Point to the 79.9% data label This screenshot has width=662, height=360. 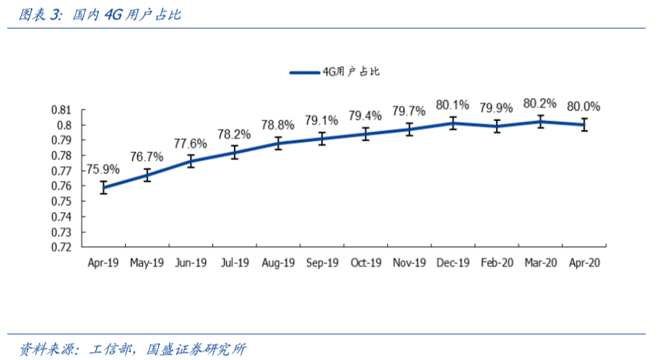click(x=497, y=108)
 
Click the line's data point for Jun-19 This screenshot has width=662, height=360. click(x=191, y=161)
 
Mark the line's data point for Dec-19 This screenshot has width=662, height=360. click(x=453, y=123)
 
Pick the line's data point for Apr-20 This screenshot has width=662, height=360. click(x=584, y=124)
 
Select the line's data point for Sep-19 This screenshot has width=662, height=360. click(x=322, y=138)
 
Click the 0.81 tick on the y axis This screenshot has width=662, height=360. click(x=62, y=110)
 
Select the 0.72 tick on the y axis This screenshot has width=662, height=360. click(x=62, y=247)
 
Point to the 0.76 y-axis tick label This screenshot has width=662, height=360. click(x=62, y=186)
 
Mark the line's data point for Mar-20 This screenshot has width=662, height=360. click(x=540, y=121)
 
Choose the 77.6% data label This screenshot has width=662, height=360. click(x=191, y=143)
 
